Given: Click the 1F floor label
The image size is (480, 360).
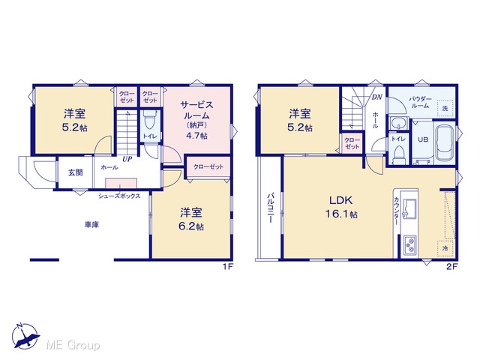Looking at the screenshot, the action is pos(228,267).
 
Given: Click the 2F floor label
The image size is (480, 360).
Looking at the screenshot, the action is pos(451,267).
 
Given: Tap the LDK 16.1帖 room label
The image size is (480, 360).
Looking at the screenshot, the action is pos(341,207).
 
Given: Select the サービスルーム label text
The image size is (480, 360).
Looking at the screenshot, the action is pos(196,110).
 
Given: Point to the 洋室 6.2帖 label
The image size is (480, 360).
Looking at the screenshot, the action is pos(192,219).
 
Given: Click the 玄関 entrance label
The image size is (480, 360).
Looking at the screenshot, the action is pos(75,172).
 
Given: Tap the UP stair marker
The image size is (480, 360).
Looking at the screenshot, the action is pos(127,159).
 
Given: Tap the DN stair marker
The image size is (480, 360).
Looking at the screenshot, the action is pos(377,97).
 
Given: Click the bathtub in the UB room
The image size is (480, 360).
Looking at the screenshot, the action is pos(445,143).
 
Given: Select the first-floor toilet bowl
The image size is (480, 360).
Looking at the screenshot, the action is pos(150,120).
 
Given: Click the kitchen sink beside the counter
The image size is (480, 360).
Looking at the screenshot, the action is pos(409,208).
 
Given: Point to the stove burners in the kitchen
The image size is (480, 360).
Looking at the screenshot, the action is pos(409,245).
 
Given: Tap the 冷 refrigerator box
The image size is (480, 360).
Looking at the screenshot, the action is pos(445,248).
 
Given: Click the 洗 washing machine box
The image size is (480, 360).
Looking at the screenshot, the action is pos(445,109).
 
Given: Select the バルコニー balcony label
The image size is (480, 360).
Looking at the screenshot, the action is pos(270,208).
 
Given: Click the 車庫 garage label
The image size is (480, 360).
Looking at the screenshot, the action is pos(91,225).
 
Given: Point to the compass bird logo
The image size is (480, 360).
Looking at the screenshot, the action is pos(25,336).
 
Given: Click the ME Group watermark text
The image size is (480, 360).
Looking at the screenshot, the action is pos(73,346).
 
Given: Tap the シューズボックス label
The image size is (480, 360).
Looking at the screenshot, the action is pos(119,196).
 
